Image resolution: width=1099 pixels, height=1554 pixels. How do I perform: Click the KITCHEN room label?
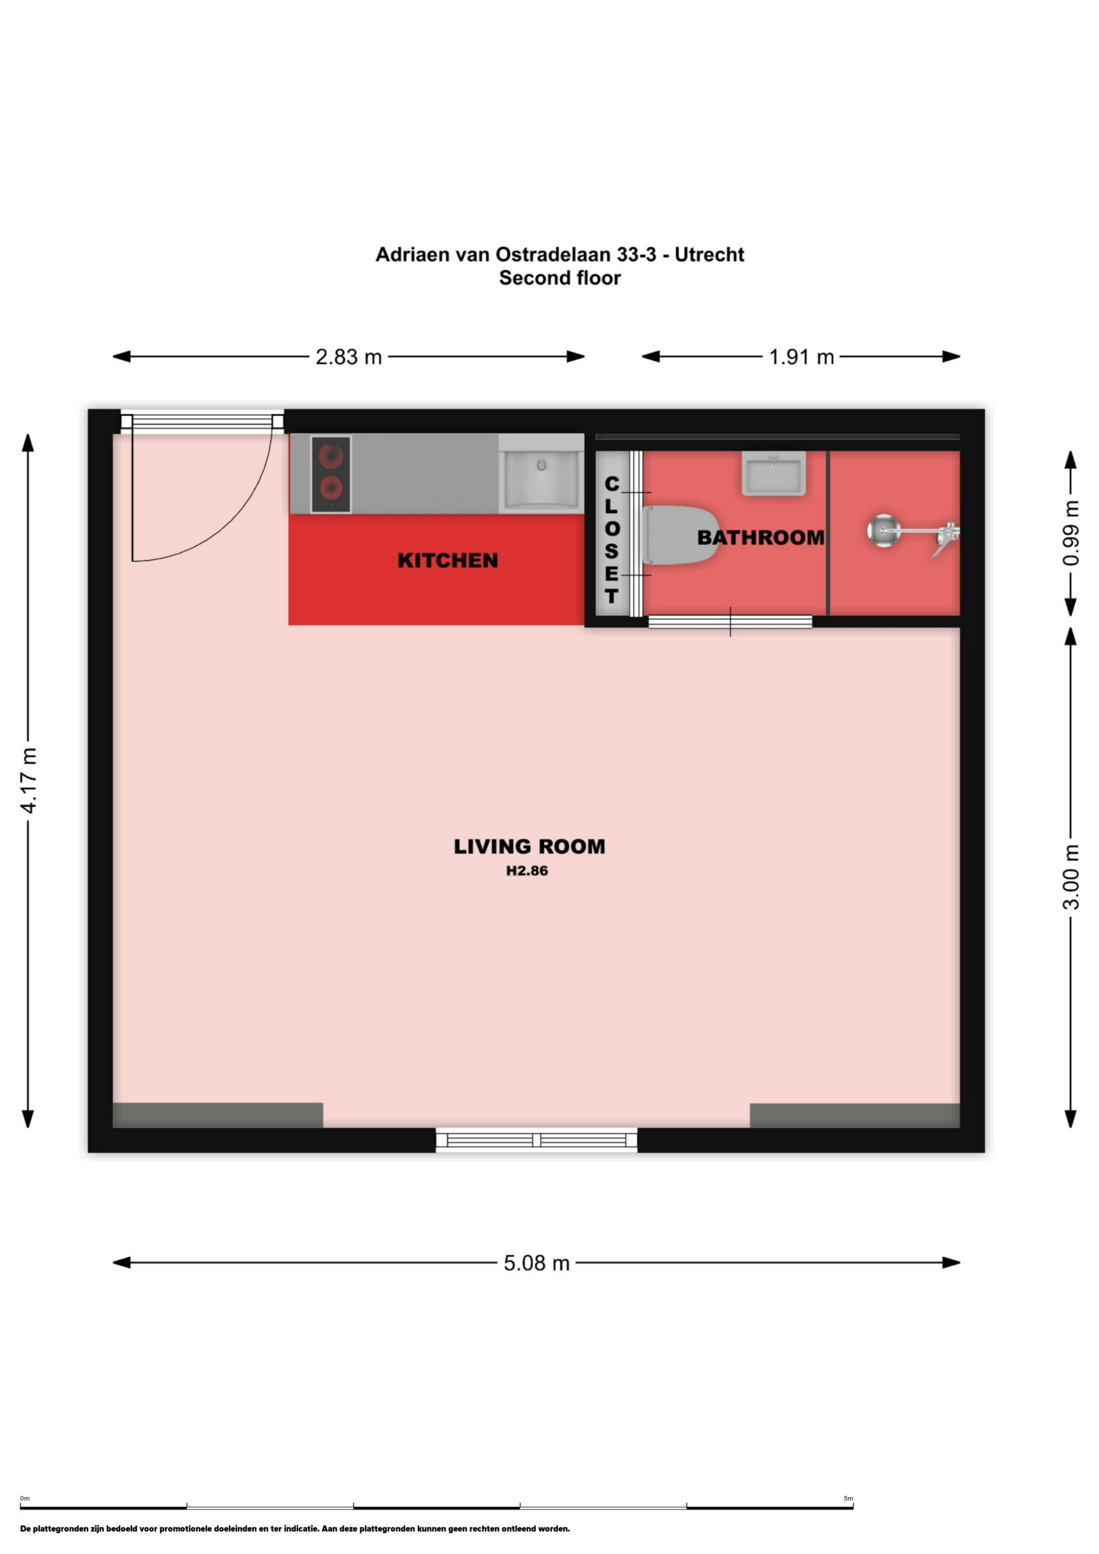pos(448,560)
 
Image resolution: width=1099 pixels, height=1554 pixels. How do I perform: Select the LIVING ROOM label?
pos(529,847)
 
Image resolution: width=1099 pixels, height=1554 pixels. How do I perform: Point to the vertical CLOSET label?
pos(611,540)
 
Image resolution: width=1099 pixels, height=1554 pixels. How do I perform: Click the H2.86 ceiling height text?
pos(527,871)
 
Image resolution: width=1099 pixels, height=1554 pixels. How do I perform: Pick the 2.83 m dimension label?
pos(349,357)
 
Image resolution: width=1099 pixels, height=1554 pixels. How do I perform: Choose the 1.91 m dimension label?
pos(801,357)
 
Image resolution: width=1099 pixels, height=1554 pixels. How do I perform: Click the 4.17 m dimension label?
pos(28,781)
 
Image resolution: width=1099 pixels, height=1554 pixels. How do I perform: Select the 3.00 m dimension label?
pos(1071,877)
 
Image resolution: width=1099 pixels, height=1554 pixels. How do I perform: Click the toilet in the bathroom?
pos(681,535)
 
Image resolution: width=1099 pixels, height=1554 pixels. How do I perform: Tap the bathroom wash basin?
pos(773,473)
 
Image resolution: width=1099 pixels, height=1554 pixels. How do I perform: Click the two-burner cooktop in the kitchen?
pos(330,474)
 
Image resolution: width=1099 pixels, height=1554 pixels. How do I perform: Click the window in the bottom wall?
pos(536,1140)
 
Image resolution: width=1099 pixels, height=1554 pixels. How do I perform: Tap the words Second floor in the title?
pos(560,278)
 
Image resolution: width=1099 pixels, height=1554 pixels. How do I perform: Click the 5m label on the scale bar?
pos(848,1499)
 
